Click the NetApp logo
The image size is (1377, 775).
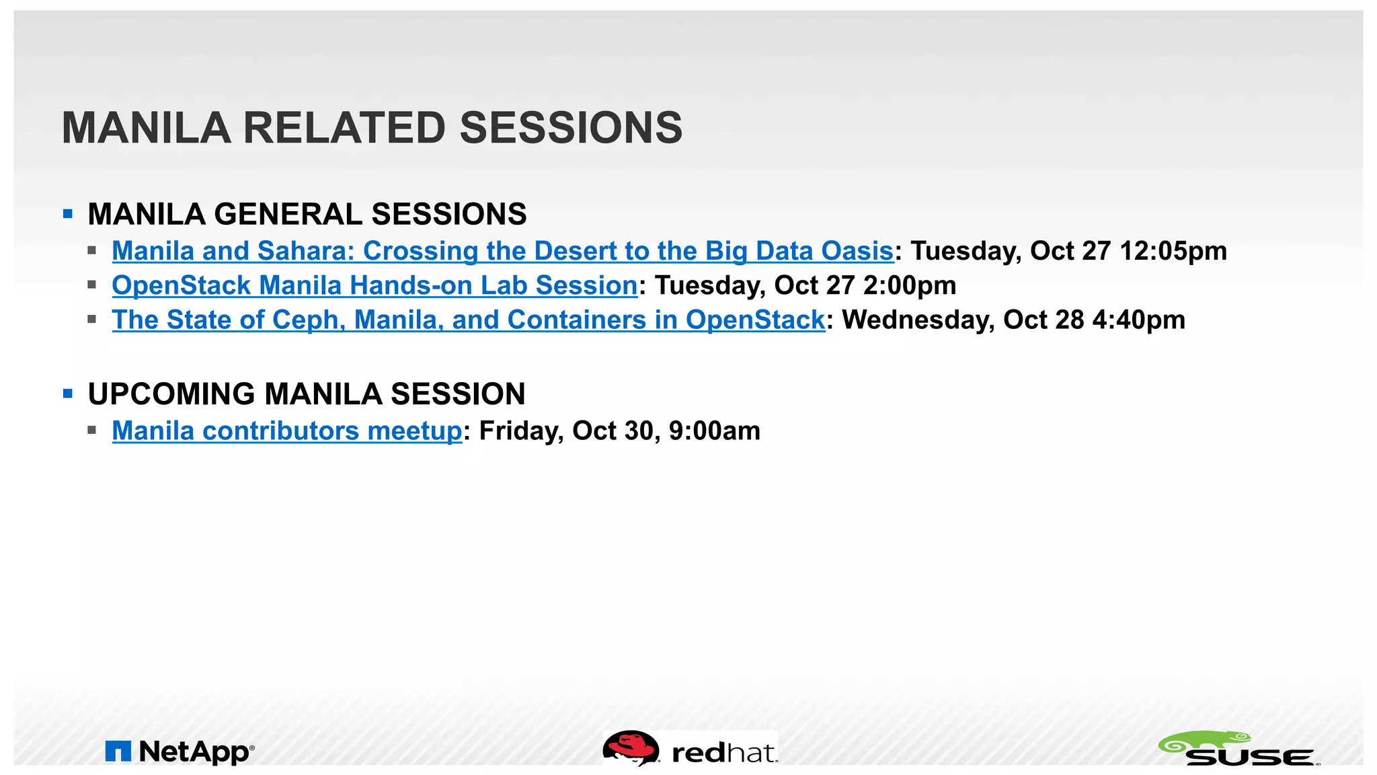pos(180,751)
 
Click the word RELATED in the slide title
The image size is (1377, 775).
pos(344,128)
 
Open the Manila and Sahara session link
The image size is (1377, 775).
pos(502,251)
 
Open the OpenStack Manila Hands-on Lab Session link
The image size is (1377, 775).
pos(375,285)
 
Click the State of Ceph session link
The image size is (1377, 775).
pos(468,320)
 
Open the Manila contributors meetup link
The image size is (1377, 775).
pos(287,431)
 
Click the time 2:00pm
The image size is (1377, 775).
pos(909,285)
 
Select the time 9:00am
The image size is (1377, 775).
pos(714,431)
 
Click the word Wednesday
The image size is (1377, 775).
pos(918,320)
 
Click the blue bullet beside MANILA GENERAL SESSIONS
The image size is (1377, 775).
pos(67,215)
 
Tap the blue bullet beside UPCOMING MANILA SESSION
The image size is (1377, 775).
pos(67,394)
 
